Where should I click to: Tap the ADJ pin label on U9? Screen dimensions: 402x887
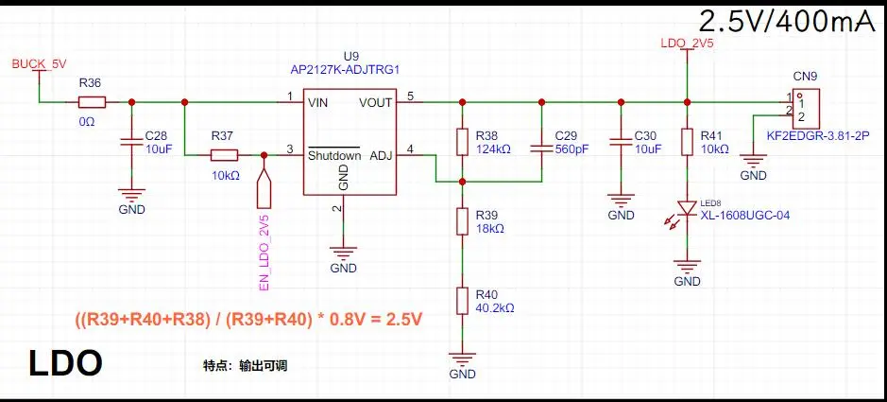pyautogui.click(x=377, y=155)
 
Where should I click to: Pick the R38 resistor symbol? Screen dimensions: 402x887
pyautogui.click(x=462, y=142)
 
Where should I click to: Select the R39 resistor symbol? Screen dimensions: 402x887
pyautogui.click(x=462, y=221)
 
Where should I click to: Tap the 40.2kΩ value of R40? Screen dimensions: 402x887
pyautogui.click(x=496, y=308)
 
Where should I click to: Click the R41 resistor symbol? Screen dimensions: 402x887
pyautogui.click(x=687, y=142)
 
